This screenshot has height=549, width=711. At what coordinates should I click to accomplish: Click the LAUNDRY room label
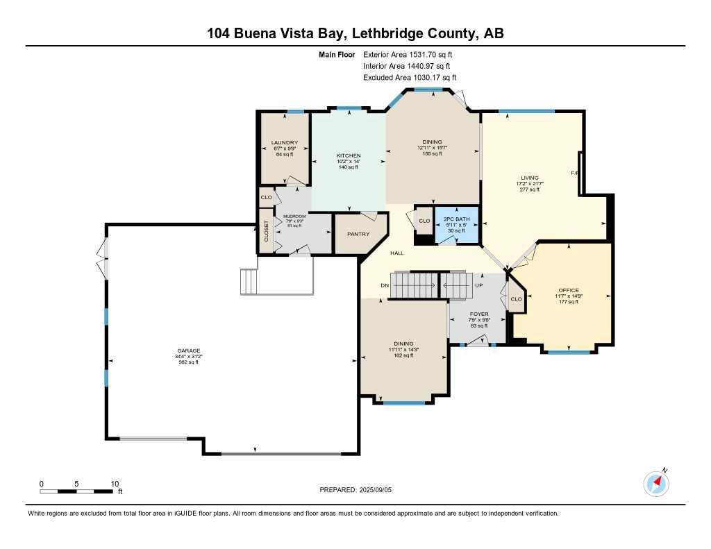(285, 143)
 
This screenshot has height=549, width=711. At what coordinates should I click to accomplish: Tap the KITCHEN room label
(348, 155)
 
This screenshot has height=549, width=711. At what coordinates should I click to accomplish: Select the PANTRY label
(358, 234)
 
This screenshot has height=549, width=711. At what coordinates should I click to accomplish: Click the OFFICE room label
(569, 290)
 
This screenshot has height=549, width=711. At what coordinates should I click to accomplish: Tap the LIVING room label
(530, 178)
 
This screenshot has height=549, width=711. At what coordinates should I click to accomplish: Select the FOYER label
(479, 314)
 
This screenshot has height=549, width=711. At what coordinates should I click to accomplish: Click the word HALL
(396, 253)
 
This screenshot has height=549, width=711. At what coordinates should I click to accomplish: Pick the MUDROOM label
(294, 217)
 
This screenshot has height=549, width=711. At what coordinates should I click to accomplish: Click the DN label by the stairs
(385, 285)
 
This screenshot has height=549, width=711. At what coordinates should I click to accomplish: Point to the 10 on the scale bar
(115, 484)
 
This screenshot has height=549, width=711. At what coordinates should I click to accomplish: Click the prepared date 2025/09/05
(380, 489)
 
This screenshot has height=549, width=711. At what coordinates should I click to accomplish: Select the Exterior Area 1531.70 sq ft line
(410, 54)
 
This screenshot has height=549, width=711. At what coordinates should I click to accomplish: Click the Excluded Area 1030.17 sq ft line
(410, 78)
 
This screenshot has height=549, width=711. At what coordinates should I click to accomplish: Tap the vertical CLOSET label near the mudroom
(266, 231)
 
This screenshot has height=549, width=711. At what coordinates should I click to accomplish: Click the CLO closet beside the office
(516, 299)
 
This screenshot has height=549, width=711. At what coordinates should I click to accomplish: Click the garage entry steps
(249, 282)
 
